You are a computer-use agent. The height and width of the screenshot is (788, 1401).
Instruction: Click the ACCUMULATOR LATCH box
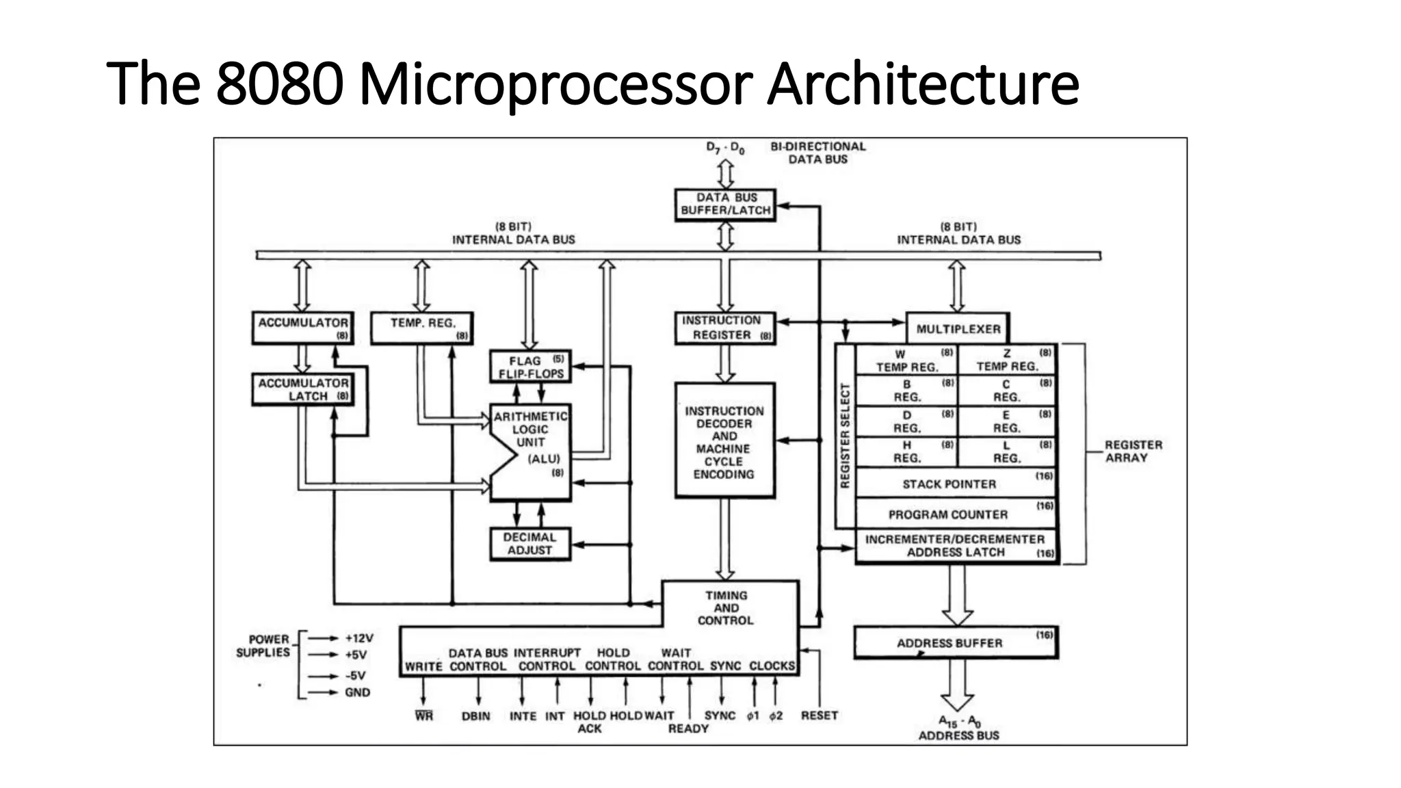[x=302, y=389]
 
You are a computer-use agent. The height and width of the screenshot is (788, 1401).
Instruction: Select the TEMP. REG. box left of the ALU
[x=421, y=328]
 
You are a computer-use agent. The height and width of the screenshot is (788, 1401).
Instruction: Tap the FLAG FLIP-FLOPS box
[x=530, y=367]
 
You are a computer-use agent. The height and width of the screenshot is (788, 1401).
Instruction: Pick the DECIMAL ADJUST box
[x=530, y=544]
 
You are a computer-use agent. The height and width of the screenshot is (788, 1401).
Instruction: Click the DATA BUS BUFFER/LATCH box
[x=725, y=205]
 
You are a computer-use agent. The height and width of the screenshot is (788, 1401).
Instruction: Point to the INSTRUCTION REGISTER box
[x=725, y=328]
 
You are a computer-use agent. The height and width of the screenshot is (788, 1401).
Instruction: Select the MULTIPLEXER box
[x=958, y=329]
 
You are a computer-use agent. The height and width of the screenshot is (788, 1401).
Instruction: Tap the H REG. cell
[x=906, y=451]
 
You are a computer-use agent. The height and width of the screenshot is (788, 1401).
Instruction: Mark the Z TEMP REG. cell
[x=1006, y=360]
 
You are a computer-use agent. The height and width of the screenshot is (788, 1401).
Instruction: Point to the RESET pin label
[x=819, y=715]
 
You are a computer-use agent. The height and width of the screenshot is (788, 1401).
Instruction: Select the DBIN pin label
[x=475, y=716]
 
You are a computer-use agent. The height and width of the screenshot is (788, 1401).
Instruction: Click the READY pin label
[x=688, y=728]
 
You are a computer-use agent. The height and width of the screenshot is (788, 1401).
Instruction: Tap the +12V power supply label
[x=359, y=638]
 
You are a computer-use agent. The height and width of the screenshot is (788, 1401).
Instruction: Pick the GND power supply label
[x=357, y=692]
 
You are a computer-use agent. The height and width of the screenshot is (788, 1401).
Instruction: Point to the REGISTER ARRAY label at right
[x=1133, y=451]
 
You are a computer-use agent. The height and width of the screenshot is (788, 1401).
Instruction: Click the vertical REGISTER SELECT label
[x=845, y=435]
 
